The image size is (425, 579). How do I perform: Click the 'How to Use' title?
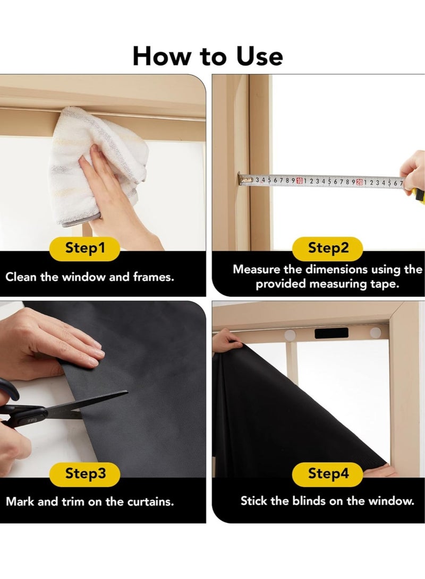(208, 56)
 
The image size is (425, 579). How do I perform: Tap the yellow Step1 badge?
(85, 248)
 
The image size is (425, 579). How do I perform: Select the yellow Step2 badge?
(328, 248)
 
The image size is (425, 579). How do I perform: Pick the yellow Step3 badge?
(85, 474)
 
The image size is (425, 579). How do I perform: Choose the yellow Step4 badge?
(328, 474)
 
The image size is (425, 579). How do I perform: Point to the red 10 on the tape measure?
(299, 180)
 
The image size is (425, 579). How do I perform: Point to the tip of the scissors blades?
(127, 392)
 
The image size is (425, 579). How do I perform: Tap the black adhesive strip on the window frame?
(331, 333)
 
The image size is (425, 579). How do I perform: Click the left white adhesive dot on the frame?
(290, 335)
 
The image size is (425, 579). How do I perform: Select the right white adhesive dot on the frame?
(376, 332)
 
